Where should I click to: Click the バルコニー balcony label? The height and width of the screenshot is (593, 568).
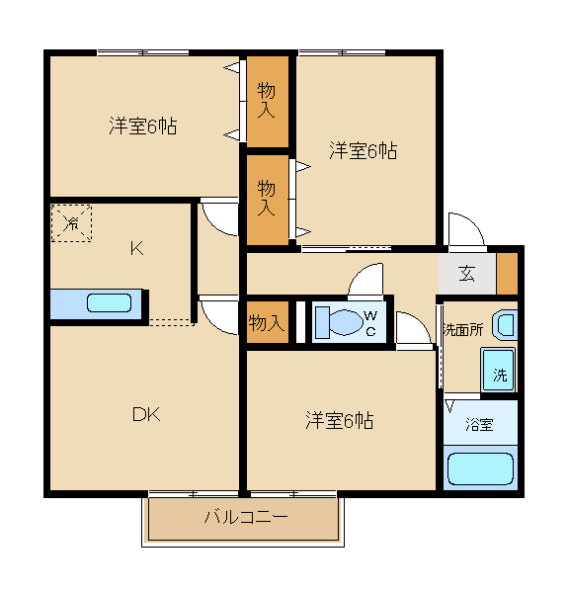tap(246, 517)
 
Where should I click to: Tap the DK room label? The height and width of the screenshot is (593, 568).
tap(146, 414)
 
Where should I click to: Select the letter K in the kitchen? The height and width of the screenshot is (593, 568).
tap(136, 249)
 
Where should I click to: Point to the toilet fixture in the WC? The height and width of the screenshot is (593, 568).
tap(339, 322)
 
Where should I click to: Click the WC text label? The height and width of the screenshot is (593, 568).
tap(370, 323)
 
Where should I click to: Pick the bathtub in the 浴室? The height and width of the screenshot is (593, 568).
tap(480, 468)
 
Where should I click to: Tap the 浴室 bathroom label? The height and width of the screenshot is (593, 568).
tap(479, 424)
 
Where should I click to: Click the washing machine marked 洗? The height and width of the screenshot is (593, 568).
tap(498, 369)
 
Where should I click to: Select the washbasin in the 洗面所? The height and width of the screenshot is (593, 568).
tap(505, 325)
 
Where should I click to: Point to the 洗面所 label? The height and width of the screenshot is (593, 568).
tap(463, 330)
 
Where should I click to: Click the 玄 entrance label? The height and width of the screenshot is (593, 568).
tap(466, 274)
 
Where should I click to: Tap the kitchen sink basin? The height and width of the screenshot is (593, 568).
tap(110, 303)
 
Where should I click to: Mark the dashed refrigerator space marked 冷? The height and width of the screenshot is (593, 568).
tap(71, 223)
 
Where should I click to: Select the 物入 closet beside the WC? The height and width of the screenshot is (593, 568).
tap(268, 322)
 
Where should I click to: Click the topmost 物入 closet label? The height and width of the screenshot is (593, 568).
tap(267, 101)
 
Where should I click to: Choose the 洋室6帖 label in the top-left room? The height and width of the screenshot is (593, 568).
tap(143, 126)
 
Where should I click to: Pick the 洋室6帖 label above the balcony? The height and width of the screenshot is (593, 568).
tap(340, 420)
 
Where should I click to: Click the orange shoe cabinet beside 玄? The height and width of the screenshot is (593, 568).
tap(507, 274)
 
